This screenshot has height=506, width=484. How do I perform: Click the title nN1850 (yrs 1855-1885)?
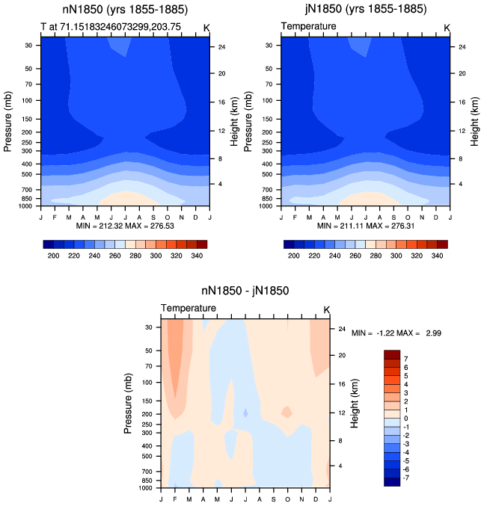125,10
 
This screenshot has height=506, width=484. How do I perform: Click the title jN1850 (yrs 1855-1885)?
366,9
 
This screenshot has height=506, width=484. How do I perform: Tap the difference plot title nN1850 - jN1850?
245,291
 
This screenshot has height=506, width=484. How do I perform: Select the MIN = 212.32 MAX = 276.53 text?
125,226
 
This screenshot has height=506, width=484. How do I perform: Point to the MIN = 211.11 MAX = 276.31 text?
366,226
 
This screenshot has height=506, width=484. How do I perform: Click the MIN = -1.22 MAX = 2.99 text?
396,333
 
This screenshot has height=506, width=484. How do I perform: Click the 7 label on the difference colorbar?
406,359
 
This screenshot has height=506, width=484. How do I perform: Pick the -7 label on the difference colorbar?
406,478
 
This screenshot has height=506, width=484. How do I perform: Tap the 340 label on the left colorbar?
197,256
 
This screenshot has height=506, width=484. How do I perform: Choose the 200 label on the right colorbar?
294,256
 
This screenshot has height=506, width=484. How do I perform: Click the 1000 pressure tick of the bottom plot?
146,488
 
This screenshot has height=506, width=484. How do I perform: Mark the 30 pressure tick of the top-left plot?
28,46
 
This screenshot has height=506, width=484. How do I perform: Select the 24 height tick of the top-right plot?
462,47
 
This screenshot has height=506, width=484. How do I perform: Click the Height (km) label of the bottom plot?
355,404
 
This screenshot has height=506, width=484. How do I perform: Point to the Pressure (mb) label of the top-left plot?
7,122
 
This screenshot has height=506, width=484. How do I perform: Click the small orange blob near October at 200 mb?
287,412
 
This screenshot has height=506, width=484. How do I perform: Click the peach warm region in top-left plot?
129,198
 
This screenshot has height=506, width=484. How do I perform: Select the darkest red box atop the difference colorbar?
392,354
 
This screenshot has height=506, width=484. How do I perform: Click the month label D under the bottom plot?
316,499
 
